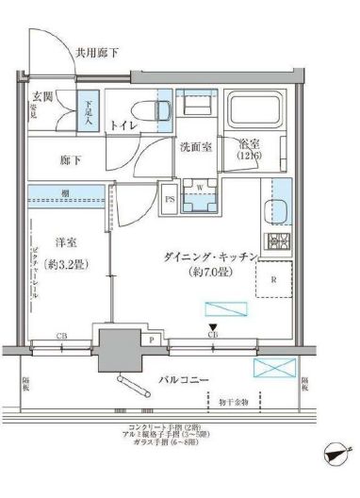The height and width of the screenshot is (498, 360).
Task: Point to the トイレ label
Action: point(120,124)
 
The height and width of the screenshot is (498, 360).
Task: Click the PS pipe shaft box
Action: point(170,199)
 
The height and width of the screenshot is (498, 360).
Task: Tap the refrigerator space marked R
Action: point(272,280)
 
